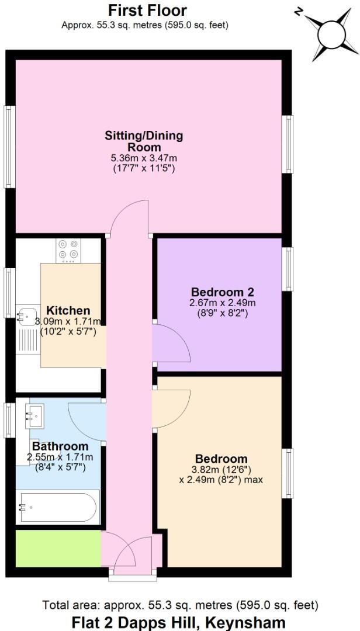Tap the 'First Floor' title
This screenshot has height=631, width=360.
pyautogui.click(x=148, y=10)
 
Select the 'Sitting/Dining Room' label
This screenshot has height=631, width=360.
pyautogui.click(x=144, y=141)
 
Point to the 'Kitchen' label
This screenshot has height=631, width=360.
pyautogui.click(x=68, y=310)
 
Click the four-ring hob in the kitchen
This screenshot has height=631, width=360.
pyautogui.click(x=68, y=250)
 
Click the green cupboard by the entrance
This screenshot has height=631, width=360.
pyautogui.click(x=57, y=548)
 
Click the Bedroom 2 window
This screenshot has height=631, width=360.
pyautogui.click(x=288, y=269)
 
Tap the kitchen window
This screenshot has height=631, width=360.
pyautogui.click(x=9, y=292)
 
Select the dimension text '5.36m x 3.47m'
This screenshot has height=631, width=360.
pyautogui.click(x=144, y=158)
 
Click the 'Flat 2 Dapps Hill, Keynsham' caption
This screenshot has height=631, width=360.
pyautogui.click(x=179, y=622)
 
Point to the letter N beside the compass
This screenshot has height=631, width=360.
pyautogui.click(x=298, y=11)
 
